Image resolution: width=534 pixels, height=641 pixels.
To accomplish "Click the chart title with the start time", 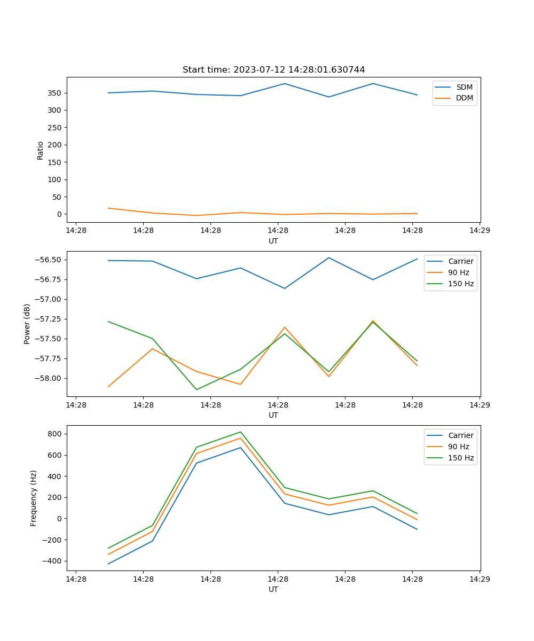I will (273, 70).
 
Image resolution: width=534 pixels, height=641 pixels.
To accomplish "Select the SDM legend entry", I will (464, 87).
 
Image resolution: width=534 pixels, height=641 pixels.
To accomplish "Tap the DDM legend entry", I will (464, 98).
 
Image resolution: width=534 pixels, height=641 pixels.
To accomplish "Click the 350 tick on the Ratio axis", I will (56, 93).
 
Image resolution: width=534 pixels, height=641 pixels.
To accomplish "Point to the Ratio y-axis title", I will (40, 150).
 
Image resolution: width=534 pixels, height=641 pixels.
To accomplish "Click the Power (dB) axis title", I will (27, 324).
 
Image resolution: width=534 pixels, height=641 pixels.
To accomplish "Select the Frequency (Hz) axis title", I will (34, 498).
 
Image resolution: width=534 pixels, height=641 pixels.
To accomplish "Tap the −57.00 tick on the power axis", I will (49, 299).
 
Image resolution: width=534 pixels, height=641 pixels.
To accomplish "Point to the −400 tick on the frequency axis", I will (53, 561).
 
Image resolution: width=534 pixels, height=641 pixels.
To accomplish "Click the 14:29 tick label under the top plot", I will (480, 230).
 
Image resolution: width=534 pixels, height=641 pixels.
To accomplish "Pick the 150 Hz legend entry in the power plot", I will (461, 284).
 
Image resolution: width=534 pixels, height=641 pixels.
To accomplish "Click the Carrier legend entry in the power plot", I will (460, 261).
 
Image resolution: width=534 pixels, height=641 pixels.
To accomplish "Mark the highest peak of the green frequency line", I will (240, 432).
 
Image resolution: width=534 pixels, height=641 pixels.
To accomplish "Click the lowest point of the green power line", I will (197, 389).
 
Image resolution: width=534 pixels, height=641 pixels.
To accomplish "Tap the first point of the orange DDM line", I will (108, 208).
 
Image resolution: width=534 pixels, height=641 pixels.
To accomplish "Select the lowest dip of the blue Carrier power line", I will (285, 288).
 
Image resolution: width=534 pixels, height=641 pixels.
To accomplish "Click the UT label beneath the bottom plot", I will (273, 589).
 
